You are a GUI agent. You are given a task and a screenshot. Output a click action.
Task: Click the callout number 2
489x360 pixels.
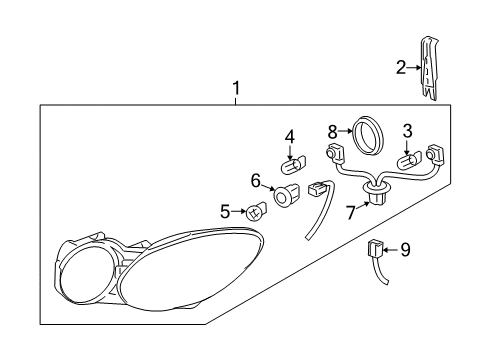401,68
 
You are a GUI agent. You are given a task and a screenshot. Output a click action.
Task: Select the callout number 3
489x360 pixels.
407,130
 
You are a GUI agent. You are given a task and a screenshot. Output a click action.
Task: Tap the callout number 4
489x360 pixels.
289,136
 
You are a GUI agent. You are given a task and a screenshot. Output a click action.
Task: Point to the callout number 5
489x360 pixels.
225,210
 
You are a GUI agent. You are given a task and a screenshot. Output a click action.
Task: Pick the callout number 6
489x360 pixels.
256,181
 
